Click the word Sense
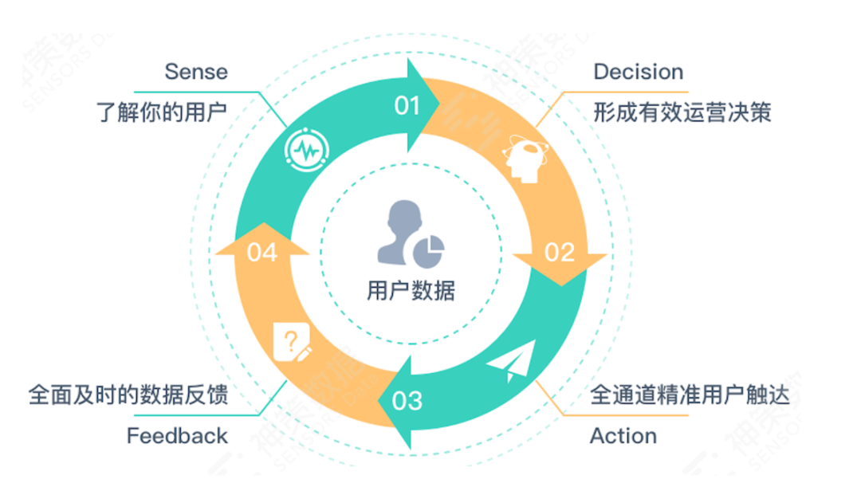pos(196,72)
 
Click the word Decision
pos(638,72)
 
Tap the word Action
pos(623,436)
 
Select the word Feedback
pos(177,436)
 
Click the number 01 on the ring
pos(407,105)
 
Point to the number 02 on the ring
pos(559,253)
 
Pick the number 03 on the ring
pos(407,399)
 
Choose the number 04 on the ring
pos(262,253)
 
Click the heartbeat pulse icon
pos(306,149)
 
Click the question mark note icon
pos(292,344)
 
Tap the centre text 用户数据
pos(411,291)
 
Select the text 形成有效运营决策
pos(682,112)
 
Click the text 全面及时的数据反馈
pos(128,395)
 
